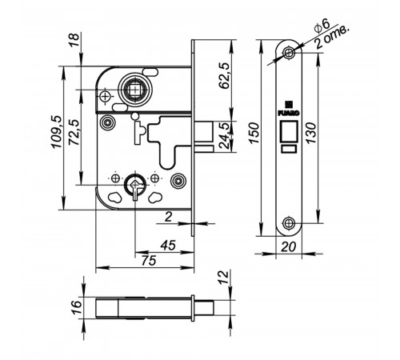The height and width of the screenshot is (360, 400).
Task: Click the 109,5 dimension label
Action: (57, 132)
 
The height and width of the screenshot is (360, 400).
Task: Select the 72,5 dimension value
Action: (74, 132)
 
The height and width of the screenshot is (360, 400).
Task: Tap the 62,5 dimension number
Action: (224, 76)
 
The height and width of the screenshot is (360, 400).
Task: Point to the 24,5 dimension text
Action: (224, 136)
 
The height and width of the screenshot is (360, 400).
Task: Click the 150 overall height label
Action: (254, 133)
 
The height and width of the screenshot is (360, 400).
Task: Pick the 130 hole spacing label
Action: (311, 133)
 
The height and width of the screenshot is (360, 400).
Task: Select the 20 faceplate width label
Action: (289, 247)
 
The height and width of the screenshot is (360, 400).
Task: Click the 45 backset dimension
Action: (168, 245)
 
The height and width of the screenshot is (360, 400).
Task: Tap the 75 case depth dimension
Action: (149, 261)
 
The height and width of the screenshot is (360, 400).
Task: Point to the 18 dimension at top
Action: (74, 40)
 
